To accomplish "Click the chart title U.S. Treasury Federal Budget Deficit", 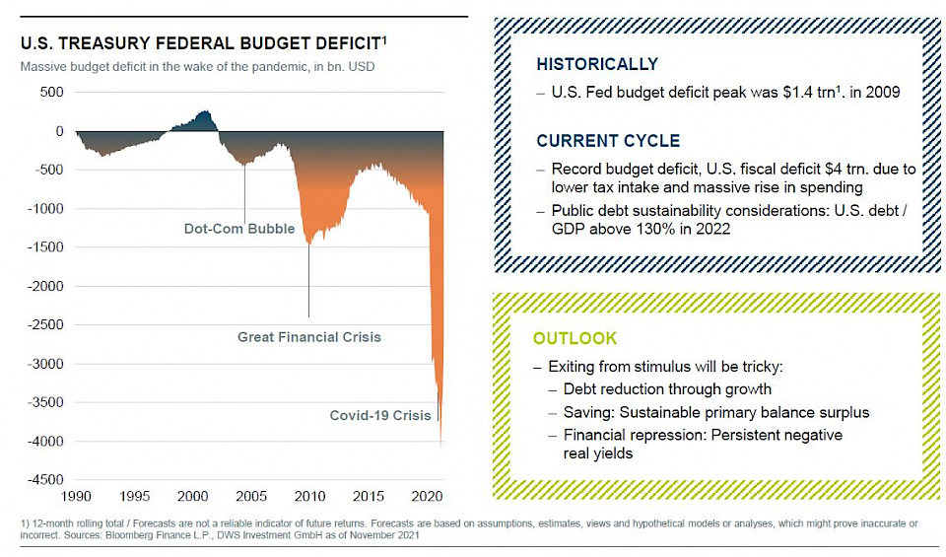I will pyautogui.click(x=197, y=43).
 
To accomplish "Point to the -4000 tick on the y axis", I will pyautogui.click(x=43, y=442).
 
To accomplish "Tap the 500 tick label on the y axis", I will pyautogui.click(x=50, y=92).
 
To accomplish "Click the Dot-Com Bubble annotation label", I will pyautogui.click(x=239, y=229).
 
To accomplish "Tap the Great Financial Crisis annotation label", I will pyautogui.click(x=308, y=337).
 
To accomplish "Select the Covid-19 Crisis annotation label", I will pyautogui.click(x=380, y=415).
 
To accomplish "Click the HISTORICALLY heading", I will pyautogui.click(x=596, y=64).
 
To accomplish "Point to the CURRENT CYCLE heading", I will pyautogui.click(x=608, y=141).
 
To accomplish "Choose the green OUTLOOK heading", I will pyautogui.click(x=575, y=338).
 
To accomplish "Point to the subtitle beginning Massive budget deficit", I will pyautogui.click(x=197, y=67).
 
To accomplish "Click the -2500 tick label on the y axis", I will pyautogui.click(x=43, y=324).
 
